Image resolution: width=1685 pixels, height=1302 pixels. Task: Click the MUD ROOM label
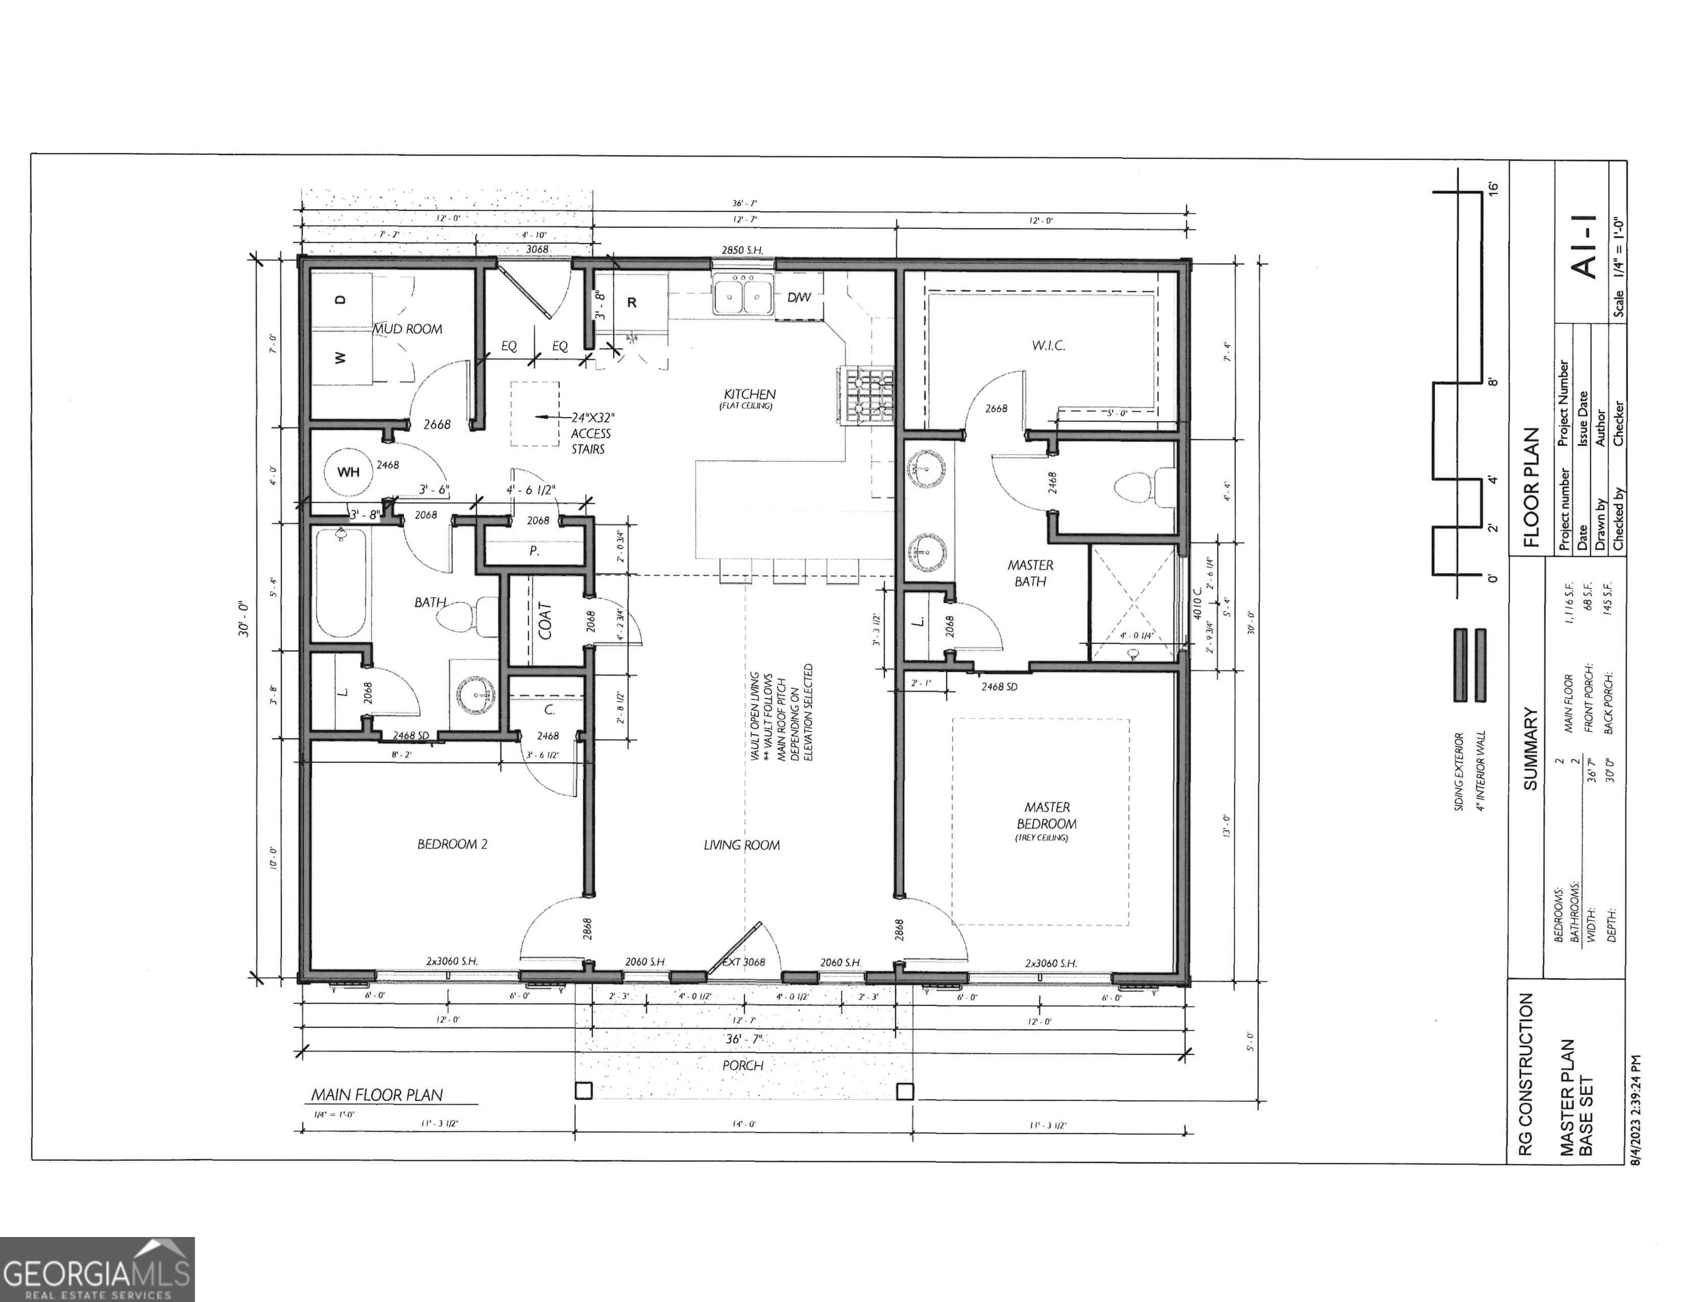[x=408, y=329]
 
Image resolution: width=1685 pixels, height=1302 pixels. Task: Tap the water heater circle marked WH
[x=348, y=471]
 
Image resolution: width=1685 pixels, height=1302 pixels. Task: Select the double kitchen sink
[x=743, y=298]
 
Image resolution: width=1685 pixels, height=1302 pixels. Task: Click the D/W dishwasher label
[x=798, y=298]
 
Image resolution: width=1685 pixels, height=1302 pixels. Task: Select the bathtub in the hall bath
[x=340, y=583]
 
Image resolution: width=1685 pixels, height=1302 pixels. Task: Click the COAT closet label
[x=545, y=620]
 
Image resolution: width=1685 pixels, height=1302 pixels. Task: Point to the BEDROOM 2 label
[x=452, y=844]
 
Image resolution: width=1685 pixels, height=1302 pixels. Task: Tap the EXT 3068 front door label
[x=743, y=962]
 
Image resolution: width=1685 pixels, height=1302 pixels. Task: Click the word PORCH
[x=742, y=1066]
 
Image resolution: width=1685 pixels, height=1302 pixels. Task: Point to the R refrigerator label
[x=631, y=302]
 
